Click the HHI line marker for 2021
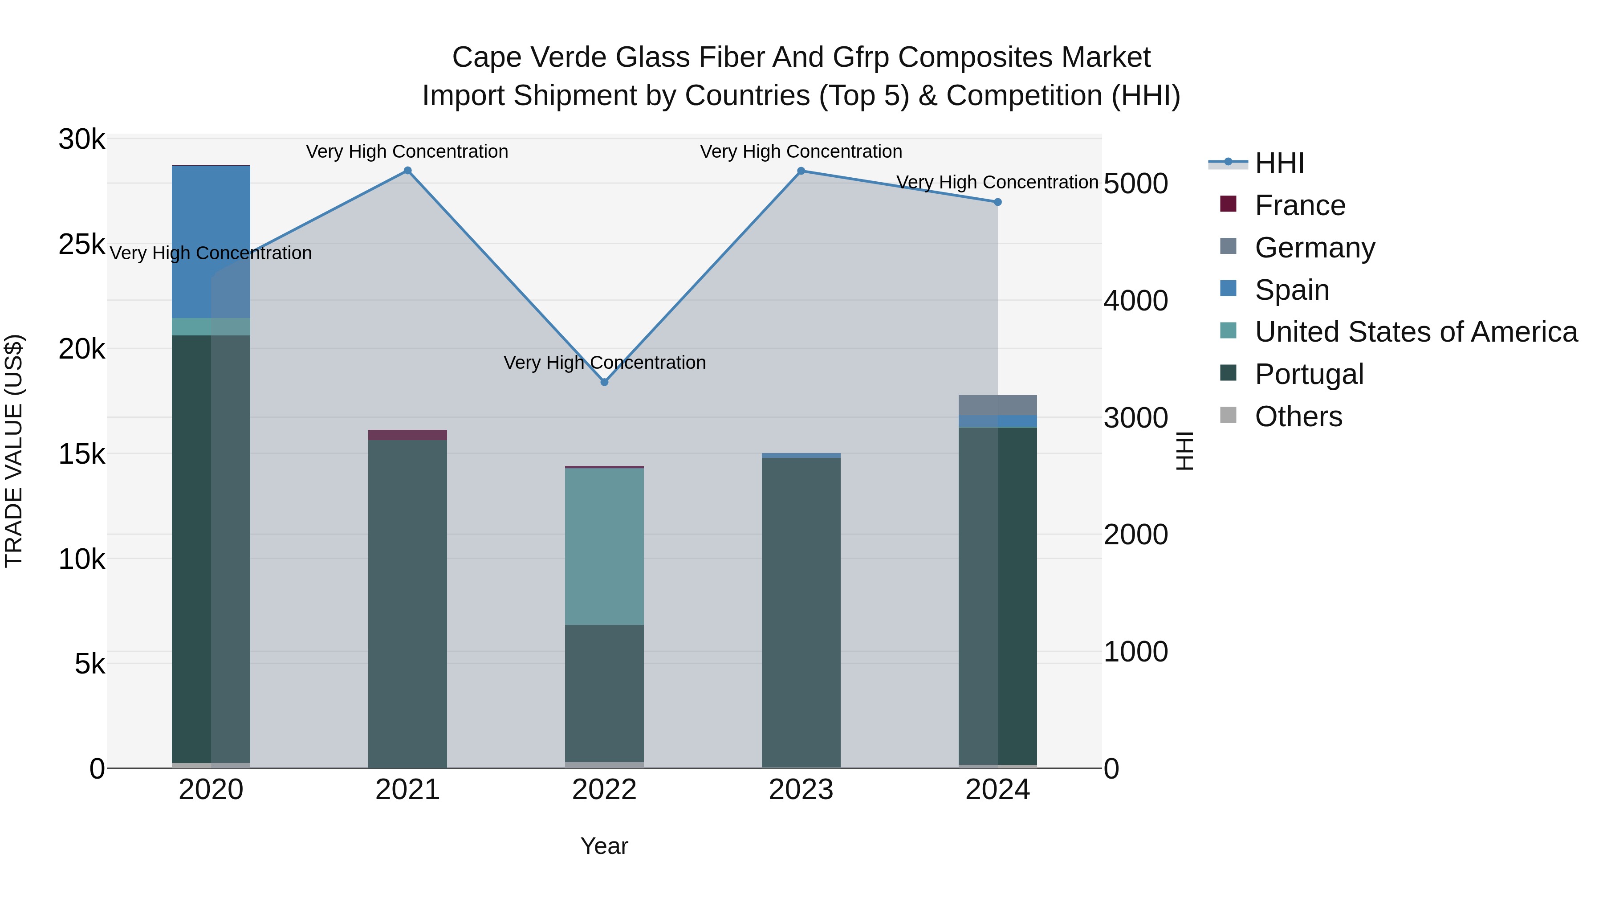click(x=407, y=171)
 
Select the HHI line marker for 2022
click(x=604, y=382)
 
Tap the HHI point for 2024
click(x=997, y=202)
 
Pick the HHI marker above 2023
click(x=801, y=171)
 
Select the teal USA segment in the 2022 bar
click(x=604, y=546)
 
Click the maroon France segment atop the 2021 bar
click(x=407, y=434)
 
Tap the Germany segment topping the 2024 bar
click(x=997, y=404)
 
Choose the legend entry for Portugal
click(x=1309, y=374)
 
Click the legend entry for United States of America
click(x=1416, y=332)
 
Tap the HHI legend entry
click(x=1279, y=163)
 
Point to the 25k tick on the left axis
click(x=81, y=245)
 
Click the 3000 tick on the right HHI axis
click(x=1135, y=418)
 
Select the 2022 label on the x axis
click(x=604, y=790)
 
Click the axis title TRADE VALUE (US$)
click(x=14, y=451)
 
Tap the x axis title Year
click(x=604, y=846)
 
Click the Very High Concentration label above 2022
click(x=604, y=362)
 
